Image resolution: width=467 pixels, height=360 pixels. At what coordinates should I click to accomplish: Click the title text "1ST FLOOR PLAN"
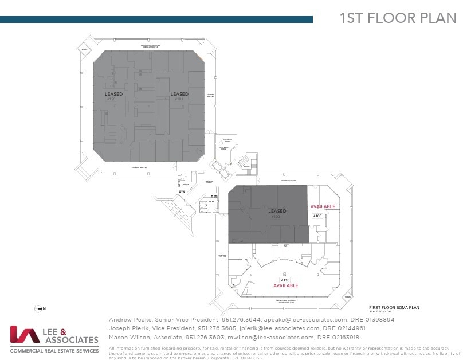tap(398, 18)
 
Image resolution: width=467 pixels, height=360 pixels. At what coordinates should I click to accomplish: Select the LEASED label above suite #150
tap(114, 94)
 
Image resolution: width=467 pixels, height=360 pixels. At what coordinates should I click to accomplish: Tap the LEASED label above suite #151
tap(179, 94)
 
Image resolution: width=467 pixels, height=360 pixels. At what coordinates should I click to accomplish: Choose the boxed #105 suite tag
tap(317, 216)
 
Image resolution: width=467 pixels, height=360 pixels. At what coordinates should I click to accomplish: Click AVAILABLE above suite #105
tap(323, 206)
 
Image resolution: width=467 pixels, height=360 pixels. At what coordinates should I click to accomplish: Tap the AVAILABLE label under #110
tap(285, 285)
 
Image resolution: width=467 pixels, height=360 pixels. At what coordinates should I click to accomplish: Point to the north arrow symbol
tap(40, 309)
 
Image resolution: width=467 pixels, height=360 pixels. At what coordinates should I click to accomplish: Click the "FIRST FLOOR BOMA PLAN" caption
tap(394, 308)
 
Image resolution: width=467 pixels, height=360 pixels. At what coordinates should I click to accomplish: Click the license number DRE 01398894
tap(372, 320)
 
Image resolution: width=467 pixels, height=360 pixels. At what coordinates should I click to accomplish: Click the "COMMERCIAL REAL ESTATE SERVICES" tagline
tap(54, 350)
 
